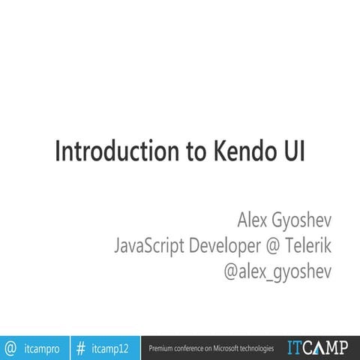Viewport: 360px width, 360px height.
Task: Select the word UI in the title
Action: click(292, 150)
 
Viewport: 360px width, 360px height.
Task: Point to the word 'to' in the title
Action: click(182, 150)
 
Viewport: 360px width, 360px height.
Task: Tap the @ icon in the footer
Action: click(11, 348)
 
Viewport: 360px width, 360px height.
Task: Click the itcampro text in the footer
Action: click(42, 349)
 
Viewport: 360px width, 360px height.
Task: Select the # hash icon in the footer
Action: click(80, 348)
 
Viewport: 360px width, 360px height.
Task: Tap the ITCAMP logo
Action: click(317, 348)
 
